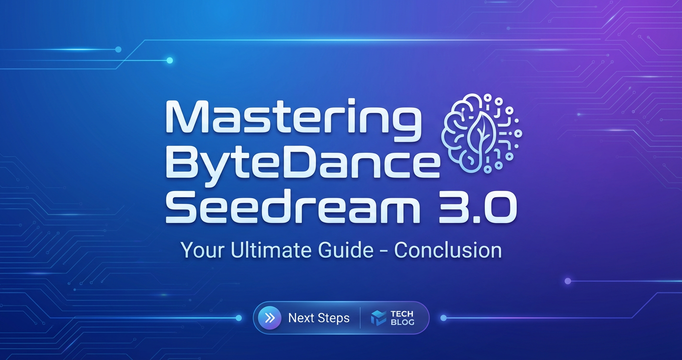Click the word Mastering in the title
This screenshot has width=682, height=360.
tap(294, 120)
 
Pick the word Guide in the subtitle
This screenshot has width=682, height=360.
tap(346, 250)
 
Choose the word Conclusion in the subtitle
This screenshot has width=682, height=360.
tap(448, 250)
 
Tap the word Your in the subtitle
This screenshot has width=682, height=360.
tap(204, 250)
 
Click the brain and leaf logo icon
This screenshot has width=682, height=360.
tap(482, 133)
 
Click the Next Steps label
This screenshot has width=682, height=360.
tap(319, 318)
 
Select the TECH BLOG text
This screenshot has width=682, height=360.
tap(402, 318)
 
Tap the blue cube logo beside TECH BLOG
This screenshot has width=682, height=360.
tap(378, 318)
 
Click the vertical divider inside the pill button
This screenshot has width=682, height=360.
tap(360, 318)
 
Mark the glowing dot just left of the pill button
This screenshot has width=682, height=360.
tap(239, 318)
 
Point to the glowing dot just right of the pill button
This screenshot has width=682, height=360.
tap(443, 318)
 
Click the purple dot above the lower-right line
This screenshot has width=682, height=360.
tap(568, 281)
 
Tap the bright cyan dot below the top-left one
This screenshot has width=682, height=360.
tap(170, 60)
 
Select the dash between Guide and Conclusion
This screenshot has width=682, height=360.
tap(384, 251)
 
